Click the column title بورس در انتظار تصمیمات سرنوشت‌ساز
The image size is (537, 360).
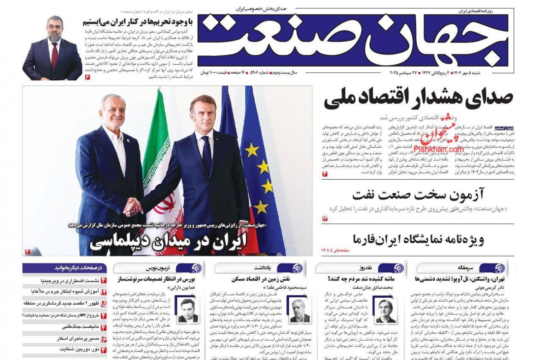(157, 279)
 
